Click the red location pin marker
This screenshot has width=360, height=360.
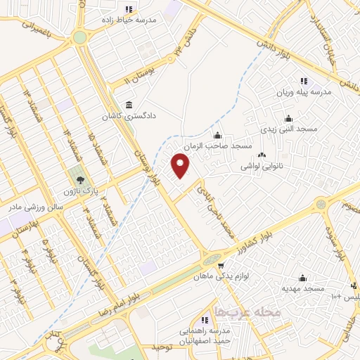click(181, 166)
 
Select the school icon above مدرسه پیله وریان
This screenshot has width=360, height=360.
click(304, 81)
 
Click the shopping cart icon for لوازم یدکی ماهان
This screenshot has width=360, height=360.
click(221, 266)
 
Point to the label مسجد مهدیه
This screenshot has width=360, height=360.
click(304, 288)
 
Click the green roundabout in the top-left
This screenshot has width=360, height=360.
click(80, 37)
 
